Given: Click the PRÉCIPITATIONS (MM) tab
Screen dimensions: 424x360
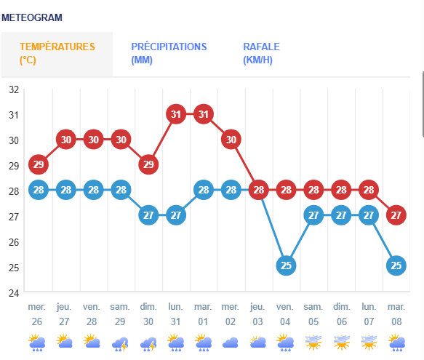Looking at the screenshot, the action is (x=169, y=53).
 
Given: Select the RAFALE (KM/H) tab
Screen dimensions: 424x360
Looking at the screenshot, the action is (x=261, y=53).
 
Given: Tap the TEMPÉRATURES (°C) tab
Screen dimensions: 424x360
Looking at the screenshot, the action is (x=57, y=53).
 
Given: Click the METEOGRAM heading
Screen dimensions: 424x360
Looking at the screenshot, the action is (x=32, y=17).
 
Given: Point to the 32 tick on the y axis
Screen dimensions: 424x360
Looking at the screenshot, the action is (x=14, y=89).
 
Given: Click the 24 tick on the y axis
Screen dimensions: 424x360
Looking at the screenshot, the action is (x=14, y=293).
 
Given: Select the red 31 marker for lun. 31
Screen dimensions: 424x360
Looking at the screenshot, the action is (x=176, y=114).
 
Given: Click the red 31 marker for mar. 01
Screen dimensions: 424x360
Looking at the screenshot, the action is (x=204, y=114).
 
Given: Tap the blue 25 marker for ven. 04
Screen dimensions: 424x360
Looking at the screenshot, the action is (x=286, y=265).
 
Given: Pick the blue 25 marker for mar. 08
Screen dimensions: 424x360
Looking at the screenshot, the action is (x=396, y=265).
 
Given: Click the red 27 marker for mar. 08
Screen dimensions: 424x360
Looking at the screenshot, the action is (x=396, y=215).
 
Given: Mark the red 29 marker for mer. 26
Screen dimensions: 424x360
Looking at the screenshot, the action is (x=39, y=164).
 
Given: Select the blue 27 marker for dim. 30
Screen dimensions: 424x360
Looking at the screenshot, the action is (x=148, y=215).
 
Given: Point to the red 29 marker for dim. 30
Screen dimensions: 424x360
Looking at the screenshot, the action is (x=148, y=164).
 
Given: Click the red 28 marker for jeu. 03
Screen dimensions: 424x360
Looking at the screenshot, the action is (x=258, y=190).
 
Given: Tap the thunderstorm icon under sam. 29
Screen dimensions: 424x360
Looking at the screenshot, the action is (x=120, y=344).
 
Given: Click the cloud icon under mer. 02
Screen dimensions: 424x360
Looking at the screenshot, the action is (x=230, y=343).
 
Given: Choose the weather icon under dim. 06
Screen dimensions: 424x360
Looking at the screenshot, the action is (x=342, y=342).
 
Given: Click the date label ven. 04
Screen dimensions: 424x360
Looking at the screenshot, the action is (x=285, y=314).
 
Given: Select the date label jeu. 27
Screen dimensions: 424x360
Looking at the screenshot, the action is (x=64, y=314).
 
